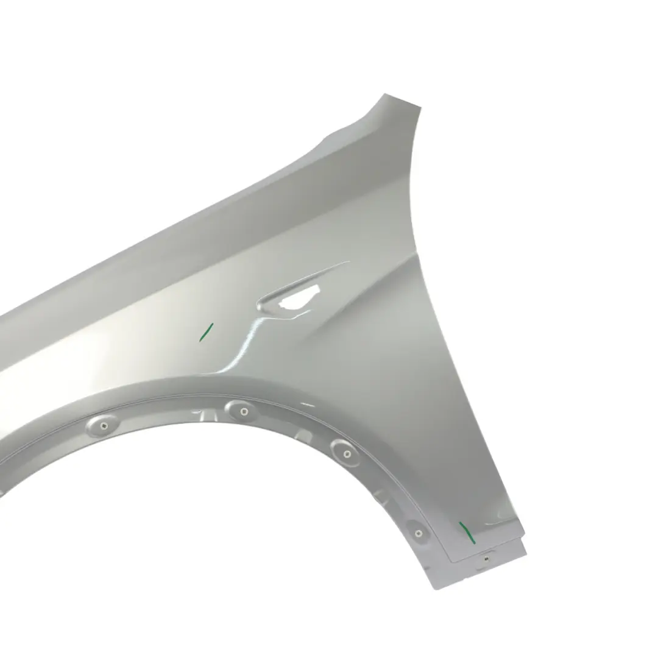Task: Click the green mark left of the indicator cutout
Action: [206, 332]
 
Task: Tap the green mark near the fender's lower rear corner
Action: [467, 531]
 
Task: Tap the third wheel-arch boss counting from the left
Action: [346, 453]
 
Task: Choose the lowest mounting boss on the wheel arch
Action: [418, 533]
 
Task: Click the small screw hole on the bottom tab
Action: [486, 557]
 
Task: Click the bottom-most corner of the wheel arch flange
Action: [434, 589]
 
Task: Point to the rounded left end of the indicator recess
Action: [263, 304]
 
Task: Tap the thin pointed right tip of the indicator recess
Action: [348, 263]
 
